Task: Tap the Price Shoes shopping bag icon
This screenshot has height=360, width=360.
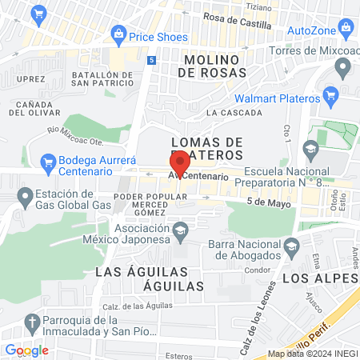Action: (118, 34)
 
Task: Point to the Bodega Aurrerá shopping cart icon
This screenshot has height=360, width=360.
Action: (47, 161)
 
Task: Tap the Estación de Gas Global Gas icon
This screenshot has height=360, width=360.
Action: (26, 194)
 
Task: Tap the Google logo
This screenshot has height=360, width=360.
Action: (26, 350)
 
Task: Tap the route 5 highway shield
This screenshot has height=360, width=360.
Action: (151, 60)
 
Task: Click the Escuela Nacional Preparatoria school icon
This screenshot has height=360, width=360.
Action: (310, 148)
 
